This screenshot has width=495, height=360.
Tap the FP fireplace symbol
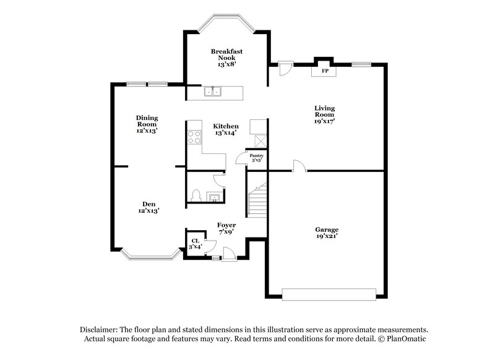coord(324,71)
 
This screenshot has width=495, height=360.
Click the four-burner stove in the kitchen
coord(194,137)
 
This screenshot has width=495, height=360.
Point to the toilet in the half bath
coord(196,196)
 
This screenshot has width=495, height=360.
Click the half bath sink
coord(214,198)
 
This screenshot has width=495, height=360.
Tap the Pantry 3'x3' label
coord(256,158)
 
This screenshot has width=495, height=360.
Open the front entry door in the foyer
coord(228,254)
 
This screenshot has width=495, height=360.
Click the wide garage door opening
coord(329,293)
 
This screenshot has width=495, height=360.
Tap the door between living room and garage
coord(299,166)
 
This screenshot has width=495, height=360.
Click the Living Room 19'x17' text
coord(324,114)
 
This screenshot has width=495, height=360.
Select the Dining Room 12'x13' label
coord(147,124)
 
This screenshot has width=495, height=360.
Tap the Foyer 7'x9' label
coord(226,228)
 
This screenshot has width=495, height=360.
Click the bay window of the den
coord(148,254)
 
